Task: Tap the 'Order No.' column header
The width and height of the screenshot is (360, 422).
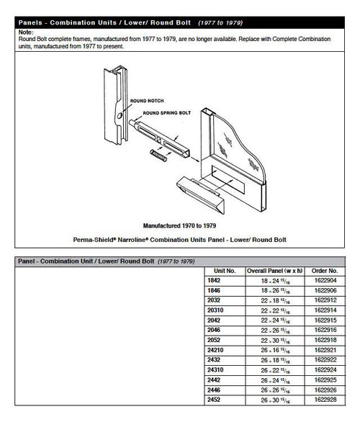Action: pos(322,271)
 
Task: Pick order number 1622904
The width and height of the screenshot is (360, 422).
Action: pos(322,280)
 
